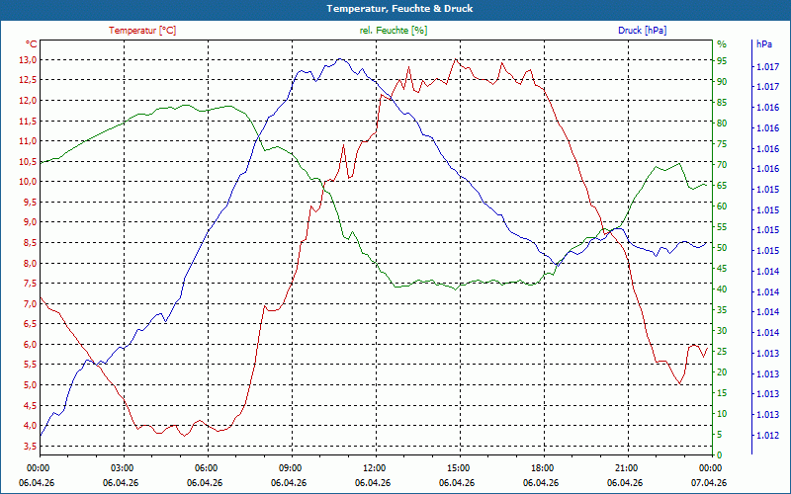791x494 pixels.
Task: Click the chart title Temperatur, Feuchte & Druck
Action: [x=395, y=8]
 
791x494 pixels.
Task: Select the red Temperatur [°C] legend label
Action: [x=142, y=31]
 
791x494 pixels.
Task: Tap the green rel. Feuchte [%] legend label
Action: [x=394, y=31]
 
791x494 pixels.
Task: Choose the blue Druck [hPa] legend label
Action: [x=642, y=31]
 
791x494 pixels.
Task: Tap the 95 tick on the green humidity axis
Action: [x=722, y=59]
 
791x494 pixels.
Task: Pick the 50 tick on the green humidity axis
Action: [x=722, y=247]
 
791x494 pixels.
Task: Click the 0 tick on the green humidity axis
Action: [x=720, y=454]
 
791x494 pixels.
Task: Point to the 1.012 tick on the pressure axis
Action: [x=765, y=435]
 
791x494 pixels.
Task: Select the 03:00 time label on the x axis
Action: [x=123, y=467]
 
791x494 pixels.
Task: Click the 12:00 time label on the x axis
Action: [x=375, y=467]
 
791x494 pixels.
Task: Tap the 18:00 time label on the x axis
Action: [x=543, y=467]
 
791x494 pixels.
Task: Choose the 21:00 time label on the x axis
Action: [x=627, y=467]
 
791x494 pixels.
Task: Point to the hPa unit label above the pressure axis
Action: [x=763, y=44]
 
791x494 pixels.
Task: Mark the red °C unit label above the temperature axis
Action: [x=32, y=44]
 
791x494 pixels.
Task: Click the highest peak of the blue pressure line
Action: [x=340, y=59]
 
